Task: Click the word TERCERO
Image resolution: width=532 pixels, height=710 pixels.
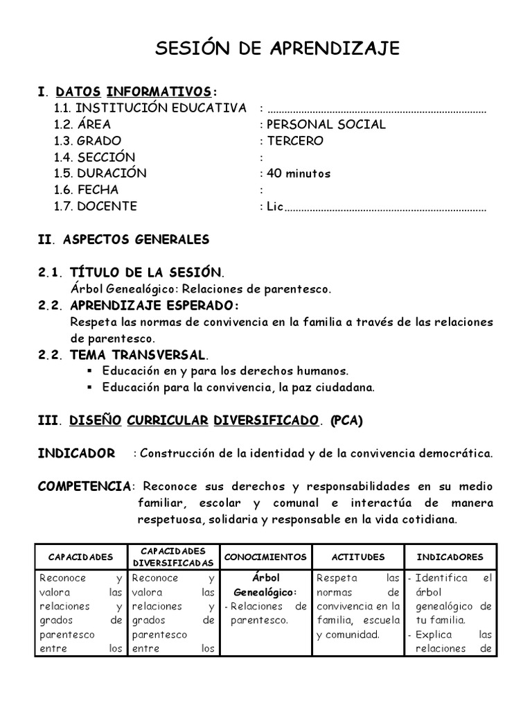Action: point(295,141)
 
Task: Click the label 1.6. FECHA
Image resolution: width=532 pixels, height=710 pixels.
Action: point(86,189)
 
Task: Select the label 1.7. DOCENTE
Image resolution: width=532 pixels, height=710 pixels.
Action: point(96,206)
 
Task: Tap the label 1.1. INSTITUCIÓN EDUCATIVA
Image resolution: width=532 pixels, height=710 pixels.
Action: point(150,108)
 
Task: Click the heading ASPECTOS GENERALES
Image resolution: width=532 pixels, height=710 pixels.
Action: point(136,239)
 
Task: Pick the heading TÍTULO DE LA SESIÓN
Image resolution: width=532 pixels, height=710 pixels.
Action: point(143,272)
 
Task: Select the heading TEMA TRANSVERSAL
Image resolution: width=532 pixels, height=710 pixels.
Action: point(135,355)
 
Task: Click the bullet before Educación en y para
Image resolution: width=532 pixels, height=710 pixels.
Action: point(89,371)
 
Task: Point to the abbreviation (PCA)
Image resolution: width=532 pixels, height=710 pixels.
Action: point(346,420)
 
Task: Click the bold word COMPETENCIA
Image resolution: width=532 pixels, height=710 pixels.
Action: point(84,486)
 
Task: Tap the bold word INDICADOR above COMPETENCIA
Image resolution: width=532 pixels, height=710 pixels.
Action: point(76,453)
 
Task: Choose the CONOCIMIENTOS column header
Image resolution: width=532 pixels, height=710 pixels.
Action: point(266,557)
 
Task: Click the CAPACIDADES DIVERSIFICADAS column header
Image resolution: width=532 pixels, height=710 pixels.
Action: point(173,557)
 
